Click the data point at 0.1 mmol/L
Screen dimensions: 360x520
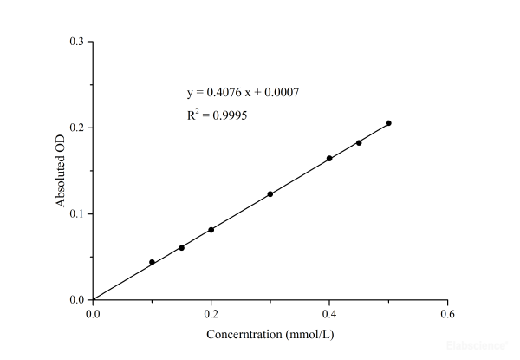(x=152, y=262)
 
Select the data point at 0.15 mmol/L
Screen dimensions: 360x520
(x=181, y=248)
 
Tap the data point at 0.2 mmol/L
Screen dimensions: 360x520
(x=211, y=230)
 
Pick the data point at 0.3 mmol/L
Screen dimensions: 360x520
(x=270, y=194)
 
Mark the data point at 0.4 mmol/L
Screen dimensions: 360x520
(x=329, y=159)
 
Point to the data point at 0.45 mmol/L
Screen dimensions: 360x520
(x=359, y=142)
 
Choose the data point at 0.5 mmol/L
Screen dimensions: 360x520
(x=388, y=123)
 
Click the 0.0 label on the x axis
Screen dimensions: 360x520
(x=93, y=314)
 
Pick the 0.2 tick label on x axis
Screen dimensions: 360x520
(x=211, y=314)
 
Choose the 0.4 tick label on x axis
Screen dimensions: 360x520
(x=329, y=314)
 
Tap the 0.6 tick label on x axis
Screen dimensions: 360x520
(x=447, y=314)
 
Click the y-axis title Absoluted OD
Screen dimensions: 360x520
(x=61, y=171)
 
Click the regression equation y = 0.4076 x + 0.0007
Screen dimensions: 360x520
(x=244, y=92)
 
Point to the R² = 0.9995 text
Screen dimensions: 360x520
(x=218, y=115)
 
